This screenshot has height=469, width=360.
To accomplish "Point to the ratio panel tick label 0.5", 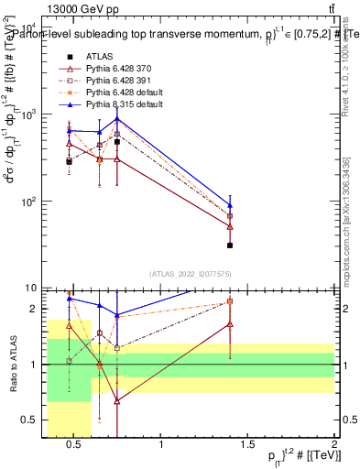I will tap(33, 420).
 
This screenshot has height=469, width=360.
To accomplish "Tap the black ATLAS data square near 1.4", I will tap(230, 245).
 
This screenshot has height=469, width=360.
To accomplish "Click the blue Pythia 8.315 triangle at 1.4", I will tap(230, 205).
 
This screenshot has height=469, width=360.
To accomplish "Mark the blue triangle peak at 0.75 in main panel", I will tap(117, 120).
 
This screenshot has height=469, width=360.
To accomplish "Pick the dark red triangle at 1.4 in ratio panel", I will tap(230, 324).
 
